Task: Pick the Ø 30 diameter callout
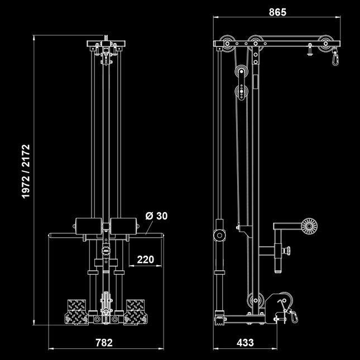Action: (x=156, y=215)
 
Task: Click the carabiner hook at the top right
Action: (x=335, y=56)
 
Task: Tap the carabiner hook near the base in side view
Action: (x=291, y=316)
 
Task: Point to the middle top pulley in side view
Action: (x=256, y=42)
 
